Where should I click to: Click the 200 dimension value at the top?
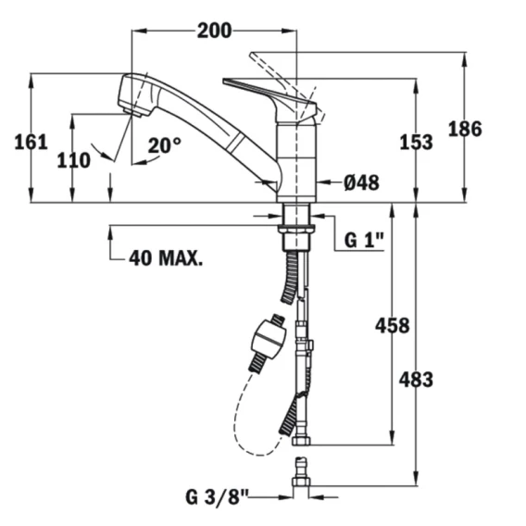click(x=214, y=31)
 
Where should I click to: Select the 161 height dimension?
click(x=31, y=142)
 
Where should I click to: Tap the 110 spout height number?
click(x=73, y=160)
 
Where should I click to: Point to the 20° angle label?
click(x=165, y=145)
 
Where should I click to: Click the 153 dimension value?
click(x=416, y=142)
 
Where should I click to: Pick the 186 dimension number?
click(x=465, y=129)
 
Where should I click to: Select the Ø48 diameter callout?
click(x=361, y=182)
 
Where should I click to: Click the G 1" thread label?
click(x=364, y=240)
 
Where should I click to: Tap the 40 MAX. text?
click(x=166, y=258)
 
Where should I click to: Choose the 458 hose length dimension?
click(x=392, y=325)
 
